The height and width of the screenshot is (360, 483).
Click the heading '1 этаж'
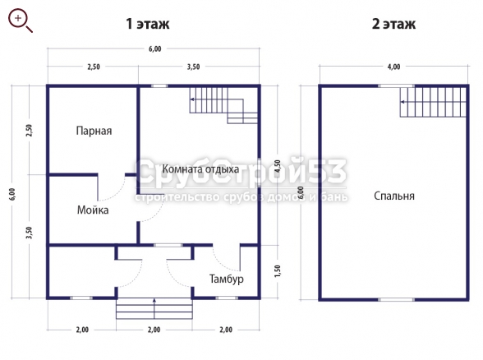[x=148, y=24]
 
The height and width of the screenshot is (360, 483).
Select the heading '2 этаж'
[x=393, y=24]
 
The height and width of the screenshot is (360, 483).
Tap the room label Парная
[x=94, y=131]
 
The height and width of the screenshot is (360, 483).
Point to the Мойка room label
[x=93, y=210]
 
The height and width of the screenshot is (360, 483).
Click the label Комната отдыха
[x=200, y=169]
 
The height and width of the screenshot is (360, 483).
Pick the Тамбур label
[x=227, y=279]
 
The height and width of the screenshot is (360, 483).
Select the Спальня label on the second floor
[x=394, y=196]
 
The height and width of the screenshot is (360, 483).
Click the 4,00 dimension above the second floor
[x=393, y=67]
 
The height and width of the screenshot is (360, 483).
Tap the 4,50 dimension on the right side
[x=278, y=166]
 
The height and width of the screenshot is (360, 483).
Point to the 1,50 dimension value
[x=278, y=271]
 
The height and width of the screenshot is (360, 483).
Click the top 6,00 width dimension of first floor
[x=155, y=49]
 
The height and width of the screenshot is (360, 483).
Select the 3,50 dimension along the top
[x=193, y=67]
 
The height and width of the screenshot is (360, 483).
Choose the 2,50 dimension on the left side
[x=30, y=131]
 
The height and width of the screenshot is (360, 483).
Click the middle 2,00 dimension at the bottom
[x=154, y=330]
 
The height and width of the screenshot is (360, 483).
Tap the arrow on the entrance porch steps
[x=154, y=308]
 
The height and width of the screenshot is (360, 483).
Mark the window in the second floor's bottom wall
[x=396, y=299]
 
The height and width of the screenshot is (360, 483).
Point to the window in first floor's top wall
[x=159, y=86]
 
